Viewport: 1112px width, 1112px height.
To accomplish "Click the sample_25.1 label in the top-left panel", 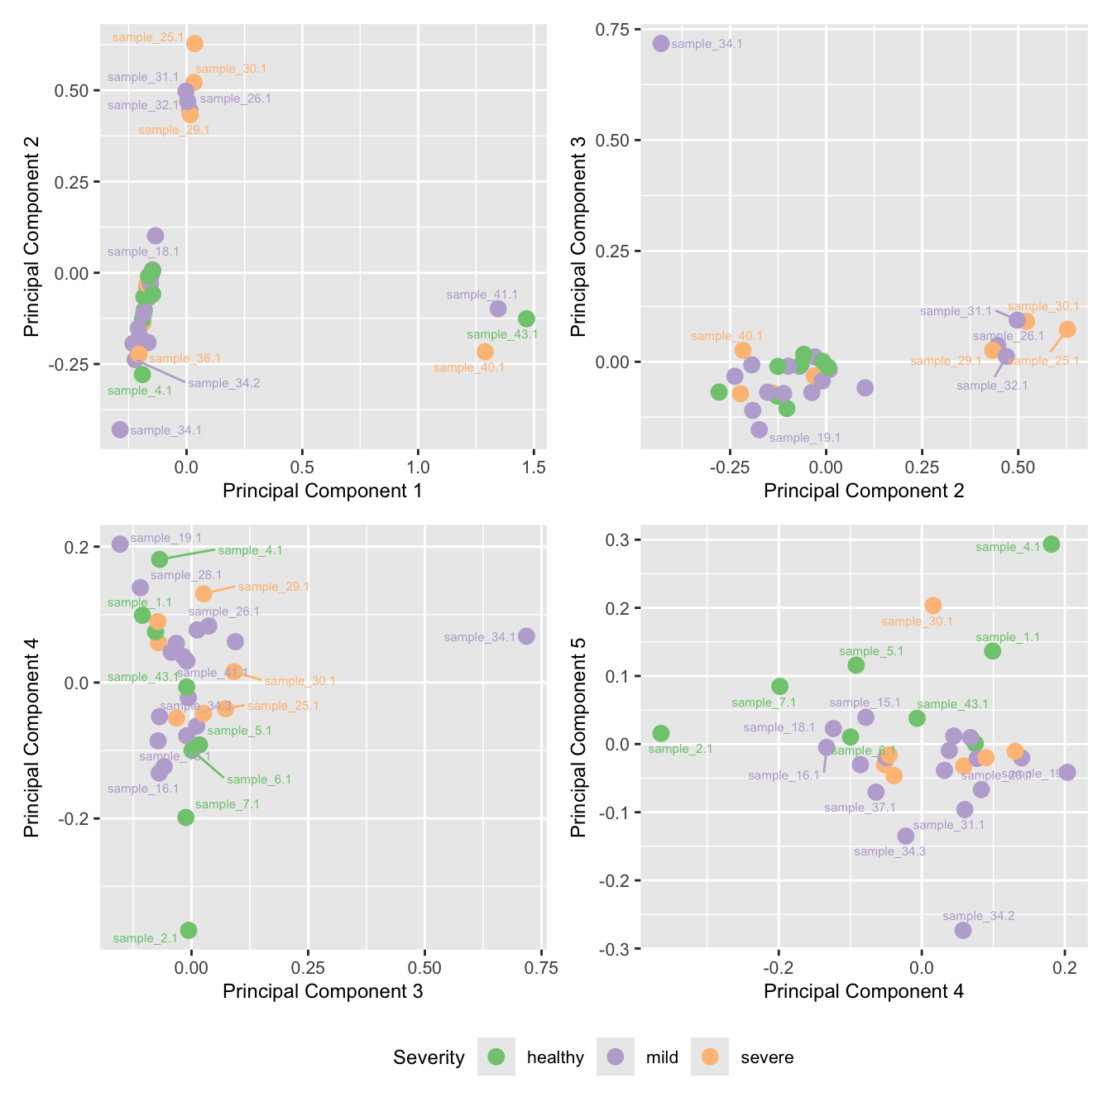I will click(147, 37).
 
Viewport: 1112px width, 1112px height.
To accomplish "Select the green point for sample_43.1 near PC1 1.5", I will click(526, 319).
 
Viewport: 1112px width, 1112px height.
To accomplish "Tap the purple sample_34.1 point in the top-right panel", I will click(660, 43).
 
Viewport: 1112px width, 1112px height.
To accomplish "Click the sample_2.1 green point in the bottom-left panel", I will click(189, 930).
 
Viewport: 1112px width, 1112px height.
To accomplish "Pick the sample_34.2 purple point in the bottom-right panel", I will click(963, 930).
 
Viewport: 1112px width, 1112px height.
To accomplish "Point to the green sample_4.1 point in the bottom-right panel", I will click(1052, 544).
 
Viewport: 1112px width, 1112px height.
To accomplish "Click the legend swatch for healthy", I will click(496, 1057).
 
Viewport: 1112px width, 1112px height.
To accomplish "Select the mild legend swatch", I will click(616, 1057).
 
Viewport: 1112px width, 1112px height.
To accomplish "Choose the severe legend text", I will click(767, 1057).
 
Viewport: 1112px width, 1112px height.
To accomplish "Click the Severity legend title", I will click(429, 1057).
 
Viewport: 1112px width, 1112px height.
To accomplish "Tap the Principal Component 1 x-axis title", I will click(323, 491).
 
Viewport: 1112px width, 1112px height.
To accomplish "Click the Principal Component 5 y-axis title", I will click(578, 737).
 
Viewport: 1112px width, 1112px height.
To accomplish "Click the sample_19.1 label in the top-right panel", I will click(804, 438).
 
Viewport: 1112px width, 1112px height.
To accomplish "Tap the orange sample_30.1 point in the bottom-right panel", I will click(933, 606).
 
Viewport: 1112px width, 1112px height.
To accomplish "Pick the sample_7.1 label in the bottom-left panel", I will click(228, 804).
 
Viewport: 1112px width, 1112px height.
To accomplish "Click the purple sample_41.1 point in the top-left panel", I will click(498, 309).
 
